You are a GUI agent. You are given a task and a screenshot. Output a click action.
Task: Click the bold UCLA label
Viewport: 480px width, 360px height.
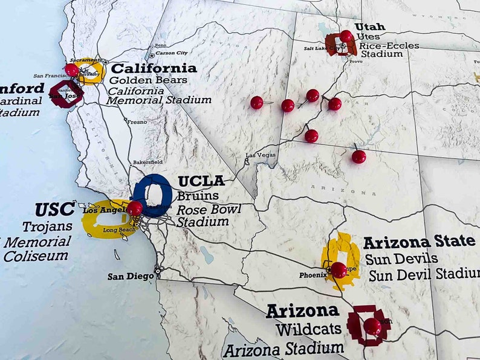tap(201, 181)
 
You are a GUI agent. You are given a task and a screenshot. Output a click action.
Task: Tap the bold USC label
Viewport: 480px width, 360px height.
tap(54, 210)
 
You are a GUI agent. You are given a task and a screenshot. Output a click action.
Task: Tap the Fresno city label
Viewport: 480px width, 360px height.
tap(137, 122)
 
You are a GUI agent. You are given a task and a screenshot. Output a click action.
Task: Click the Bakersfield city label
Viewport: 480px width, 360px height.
tap(148, 162)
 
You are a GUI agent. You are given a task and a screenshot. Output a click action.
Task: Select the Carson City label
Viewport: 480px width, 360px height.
tap(172, 53)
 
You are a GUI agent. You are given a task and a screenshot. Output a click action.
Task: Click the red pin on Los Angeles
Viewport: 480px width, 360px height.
tap(135, 208)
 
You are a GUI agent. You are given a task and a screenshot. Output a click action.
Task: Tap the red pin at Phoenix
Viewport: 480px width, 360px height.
tap(339, 269)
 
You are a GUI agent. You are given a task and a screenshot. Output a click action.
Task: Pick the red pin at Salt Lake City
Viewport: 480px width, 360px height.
tap(346, 36)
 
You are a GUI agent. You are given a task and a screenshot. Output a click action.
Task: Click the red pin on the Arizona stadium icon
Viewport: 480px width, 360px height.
tap(372, 326)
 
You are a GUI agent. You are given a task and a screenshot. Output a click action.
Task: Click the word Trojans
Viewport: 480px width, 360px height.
tap(47, 227)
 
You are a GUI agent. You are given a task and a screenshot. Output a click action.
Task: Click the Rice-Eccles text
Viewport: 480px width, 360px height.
tap(378, 45)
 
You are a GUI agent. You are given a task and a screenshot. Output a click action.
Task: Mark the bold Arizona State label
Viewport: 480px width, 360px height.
tap(419, 242)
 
